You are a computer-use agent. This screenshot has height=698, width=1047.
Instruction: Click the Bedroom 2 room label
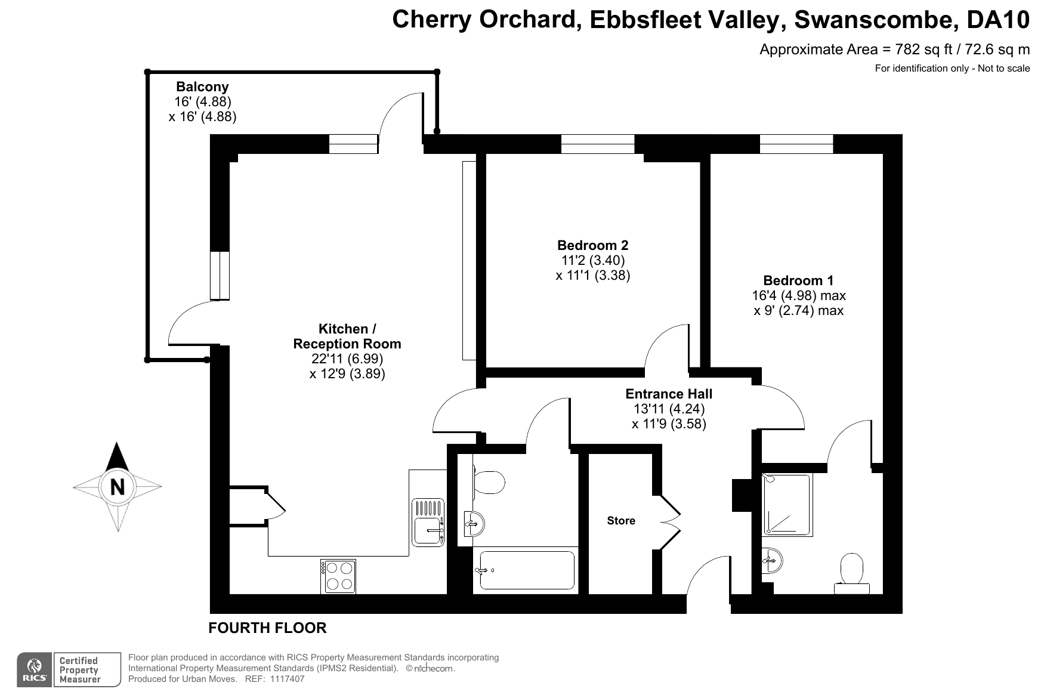(x=592, y=245)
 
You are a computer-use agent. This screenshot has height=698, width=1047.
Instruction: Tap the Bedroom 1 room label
(x=798, y=280)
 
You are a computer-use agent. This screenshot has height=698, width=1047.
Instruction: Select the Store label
(x=621, y=521)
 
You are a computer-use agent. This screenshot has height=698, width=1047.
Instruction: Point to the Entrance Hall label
(x=669, y=394)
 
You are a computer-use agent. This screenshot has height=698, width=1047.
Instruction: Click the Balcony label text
(x=202, y=87)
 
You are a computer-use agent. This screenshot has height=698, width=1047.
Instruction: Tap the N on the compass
(x=118, y=487)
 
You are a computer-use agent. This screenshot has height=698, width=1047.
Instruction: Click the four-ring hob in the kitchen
(x=338, y=576)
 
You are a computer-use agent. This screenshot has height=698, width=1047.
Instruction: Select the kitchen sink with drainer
(x=428, y=522)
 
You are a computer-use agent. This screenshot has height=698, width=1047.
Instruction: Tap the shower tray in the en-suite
(x=787, y=505)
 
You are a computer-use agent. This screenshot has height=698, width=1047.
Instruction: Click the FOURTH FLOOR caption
(x=267, y=628)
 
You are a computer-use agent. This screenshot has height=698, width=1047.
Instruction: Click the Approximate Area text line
(x=894, y=50)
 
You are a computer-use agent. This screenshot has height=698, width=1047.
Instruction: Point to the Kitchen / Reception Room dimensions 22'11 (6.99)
(x=347, y=359)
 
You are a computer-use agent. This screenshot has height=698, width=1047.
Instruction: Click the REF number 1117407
(x=287, y=679)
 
